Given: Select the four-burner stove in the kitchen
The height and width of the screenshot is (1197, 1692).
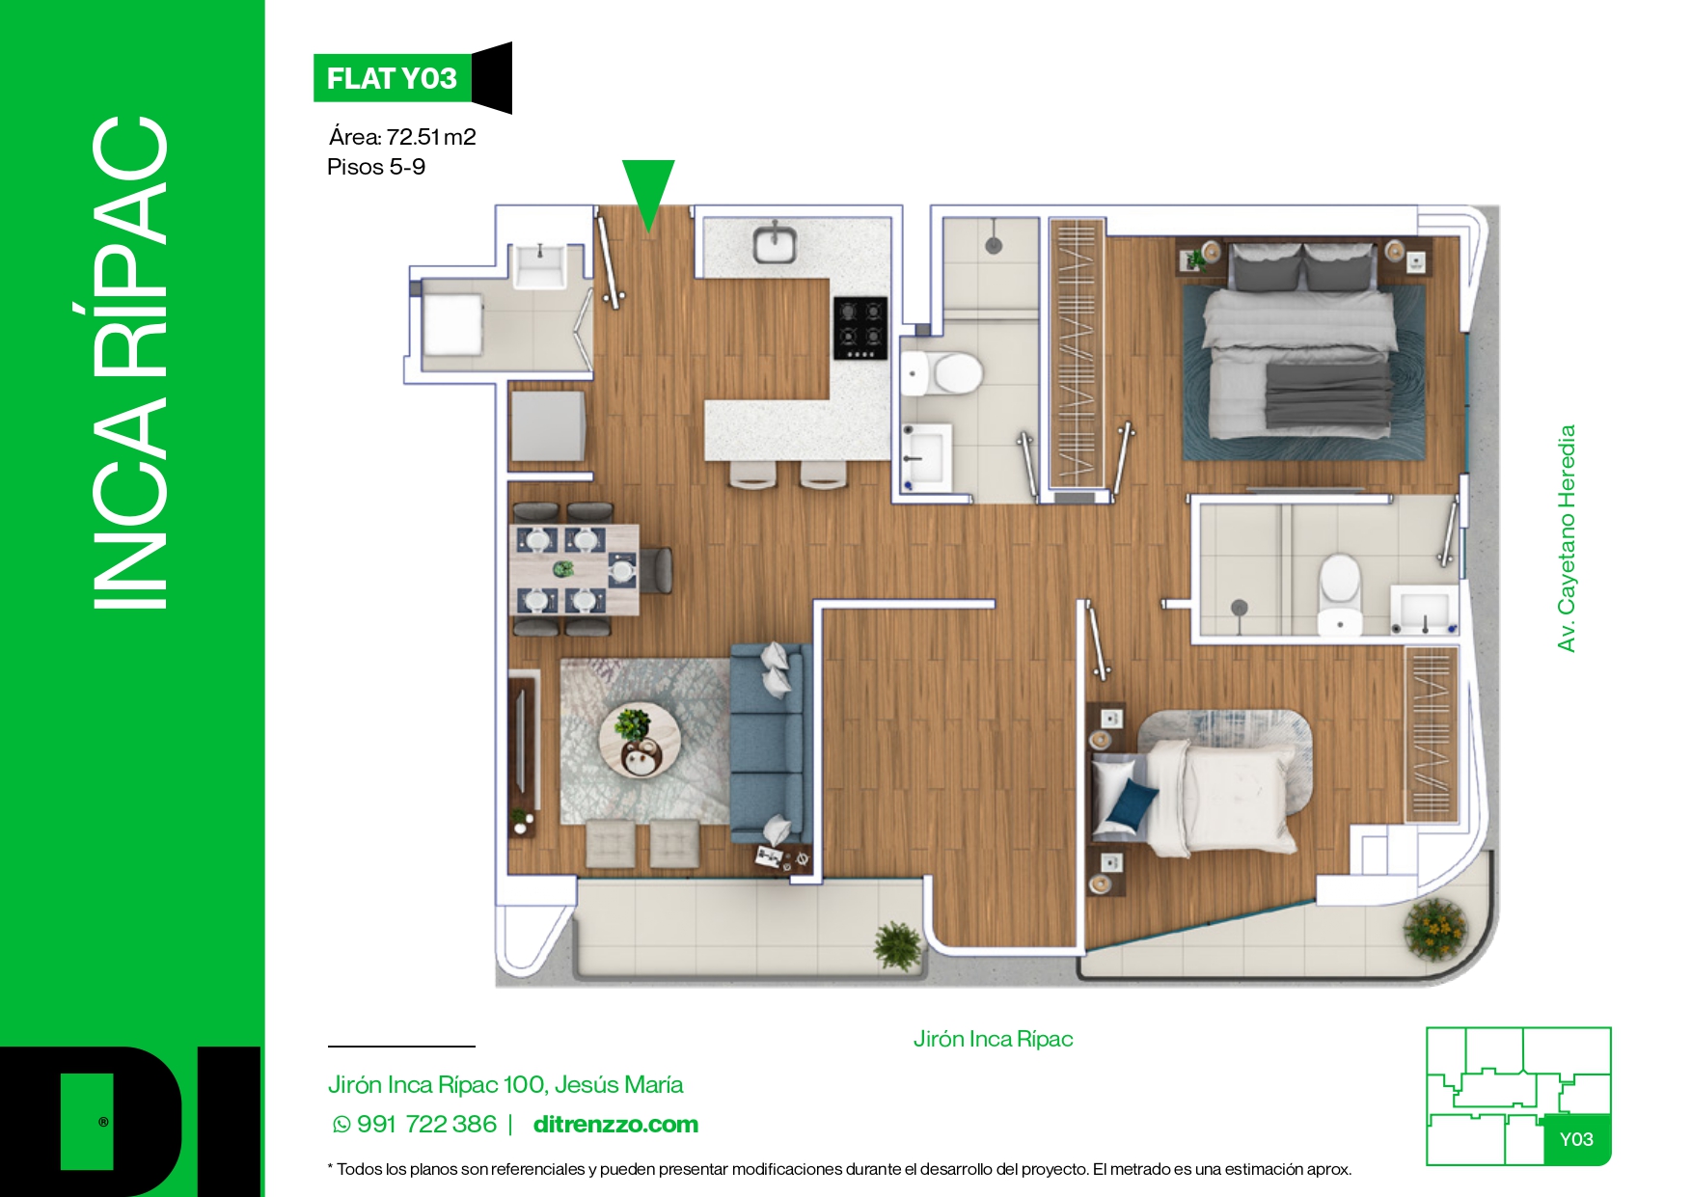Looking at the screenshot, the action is (860, 328).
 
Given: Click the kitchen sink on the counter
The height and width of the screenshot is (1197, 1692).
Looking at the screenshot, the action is (775, 243).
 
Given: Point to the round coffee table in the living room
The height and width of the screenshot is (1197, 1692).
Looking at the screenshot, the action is (640, 741).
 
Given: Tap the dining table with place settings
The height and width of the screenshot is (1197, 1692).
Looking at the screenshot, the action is (573, 570).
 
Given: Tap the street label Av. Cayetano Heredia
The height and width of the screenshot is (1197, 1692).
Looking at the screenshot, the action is (1567, 538).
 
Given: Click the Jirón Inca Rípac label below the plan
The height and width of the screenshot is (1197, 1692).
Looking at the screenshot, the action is (993, 1039).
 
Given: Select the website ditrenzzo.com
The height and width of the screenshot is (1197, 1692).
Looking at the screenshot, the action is (615, 1125).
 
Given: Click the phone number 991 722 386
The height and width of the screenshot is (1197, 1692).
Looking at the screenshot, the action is (426, 1125).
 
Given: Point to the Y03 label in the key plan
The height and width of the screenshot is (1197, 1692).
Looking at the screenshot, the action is (1576, 1139).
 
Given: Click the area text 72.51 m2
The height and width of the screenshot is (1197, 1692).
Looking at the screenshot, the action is (431, 137).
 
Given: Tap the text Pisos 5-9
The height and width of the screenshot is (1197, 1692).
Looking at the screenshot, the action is (376, 167).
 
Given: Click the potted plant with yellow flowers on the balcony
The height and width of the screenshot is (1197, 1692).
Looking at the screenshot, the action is (1434, 928).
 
